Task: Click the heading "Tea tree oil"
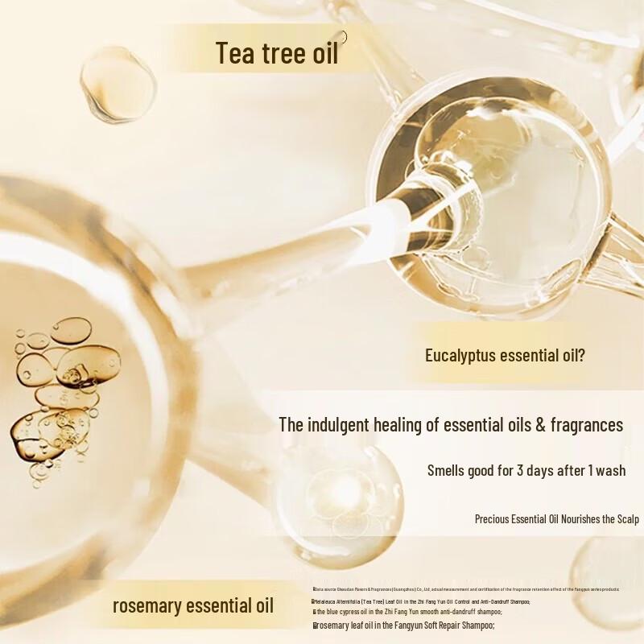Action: click(276, 52)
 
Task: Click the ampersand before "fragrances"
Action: click(534, 425)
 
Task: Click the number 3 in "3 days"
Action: click(519, 471)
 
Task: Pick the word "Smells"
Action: click(448, 471)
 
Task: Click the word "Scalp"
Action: click(625, 519)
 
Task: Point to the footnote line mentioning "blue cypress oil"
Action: click(402, 613)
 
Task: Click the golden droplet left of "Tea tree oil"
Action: click(118, 83)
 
